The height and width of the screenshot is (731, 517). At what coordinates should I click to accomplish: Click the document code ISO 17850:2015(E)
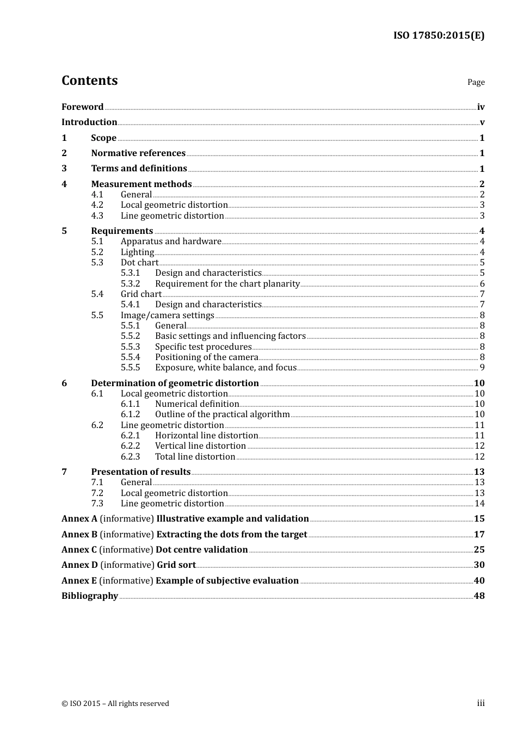pos(439,35)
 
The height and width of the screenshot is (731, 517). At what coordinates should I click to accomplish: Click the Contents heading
pos(89,80)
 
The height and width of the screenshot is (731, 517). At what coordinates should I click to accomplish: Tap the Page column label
pos(476,82)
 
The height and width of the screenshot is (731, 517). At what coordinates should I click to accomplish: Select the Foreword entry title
pos(82,107)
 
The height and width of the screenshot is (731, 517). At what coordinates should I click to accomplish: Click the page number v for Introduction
pos(482,122)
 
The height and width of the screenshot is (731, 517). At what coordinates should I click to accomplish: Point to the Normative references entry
pos(138,153)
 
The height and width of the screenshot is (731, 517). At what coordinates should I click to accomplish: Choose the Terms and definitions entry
pos(139,169)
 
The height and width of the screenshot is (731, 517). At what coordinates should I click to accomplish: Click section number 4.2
pos(97,205)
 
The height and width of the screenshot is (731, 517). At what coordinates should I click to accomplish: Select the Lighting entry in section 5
pos(137,252)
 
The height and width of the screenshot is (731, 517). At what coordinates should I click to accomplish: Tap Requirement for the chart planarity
pos(227,284)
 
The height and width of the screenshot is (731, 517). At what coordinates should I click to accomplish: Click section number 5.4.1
pos(130,305)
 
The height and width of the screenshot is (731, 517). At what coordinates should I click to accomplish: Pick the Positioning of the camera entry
pos(206,357)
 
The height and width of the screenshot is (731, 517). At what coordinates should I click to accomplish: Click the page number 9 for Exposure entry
pos(482,368)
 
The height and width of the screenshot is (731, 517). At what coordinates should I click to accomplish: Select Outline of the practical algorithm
pos(222,414)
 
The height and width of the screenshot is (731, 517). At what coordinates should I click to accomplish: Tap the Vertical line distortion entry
pos(200,446)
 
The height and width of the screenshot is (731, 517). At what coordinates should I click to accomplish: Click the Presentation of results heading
pos(140,472)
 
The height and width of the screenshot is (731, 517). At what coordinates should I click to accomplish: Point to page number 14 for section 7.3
pos(479,504)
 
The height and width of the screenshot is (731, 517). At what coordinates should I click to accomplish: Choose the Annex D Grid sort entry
pos(128,565)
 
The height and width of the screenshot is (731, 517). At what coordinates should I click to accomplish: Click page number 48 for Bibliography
pos(479,596)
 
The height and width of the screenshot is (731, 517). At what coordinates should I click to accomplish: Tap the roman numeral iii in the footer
pos(481,703)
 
